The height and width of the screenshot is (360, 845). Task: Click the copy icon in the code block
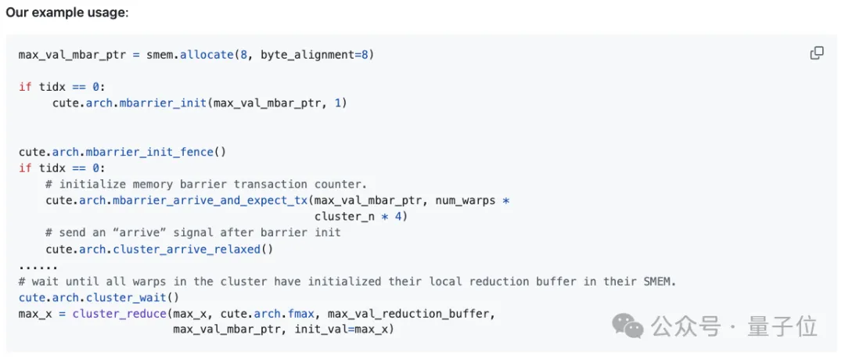(x=817, y=53)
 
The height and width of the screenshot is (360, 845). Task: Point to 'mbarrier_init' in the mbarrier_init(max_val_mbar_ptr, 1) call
(x=163, y=103)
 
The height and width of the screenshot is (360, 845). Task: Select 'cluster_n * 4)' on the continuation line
(x=361, y=216)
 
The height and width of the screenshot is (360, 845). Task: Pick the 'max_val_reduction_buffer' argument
(x=411, y=314)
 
